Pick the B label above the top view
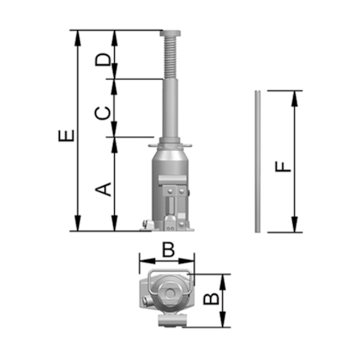click(169, 249)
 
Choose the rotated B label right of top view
click(211, 300)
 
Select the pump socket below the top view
click(171, 321)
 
